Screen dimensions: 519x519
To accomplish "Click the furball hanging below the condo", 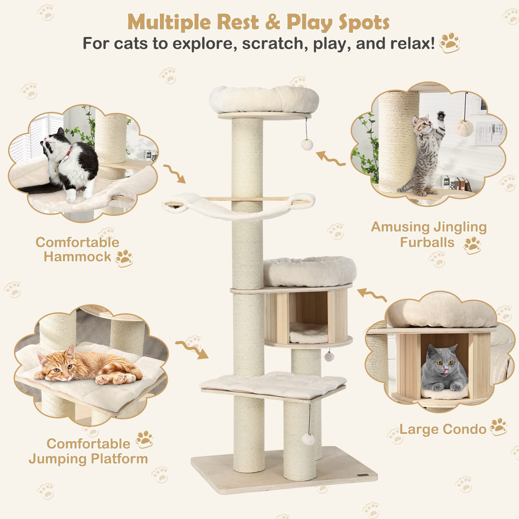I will click(x=329, y=356).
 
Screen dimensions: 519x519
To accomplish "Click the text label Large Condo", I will click(x=443, y=429).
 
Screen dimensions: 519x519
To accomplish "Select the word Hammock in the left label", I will click(x=77, y=257).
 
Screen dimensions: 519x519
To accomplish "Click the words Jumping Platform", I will click(x=88, y=459).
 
